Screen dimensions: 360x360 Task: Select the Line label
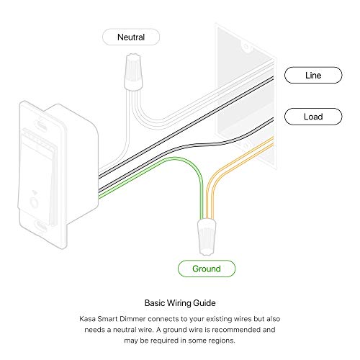click(312, 74)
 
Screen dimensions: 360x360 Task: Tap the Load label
click(312, 116)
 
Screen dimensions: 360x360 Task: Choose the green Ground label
click(207, 269)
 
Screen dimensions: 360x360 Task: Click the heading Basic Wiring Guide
click(180, 303)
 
